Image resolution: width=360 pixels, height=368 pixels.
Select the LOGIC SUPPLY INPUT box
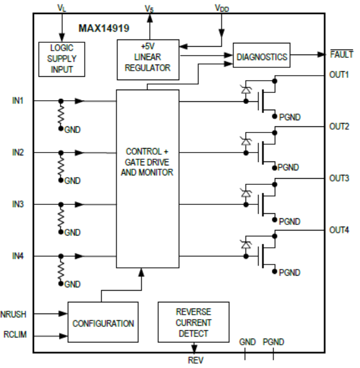tap(58, 59)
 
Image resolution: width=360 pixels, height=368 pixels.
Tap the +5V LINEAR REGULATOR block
tap(147, 59)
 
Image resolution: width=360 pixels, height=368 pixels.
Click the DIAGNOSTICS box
tap(262, 56)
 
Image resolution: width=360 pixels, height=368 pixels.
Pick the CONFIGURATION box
tap(103, 323)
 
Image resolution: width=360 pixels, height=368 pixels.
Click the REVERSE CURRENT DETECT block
tap(193, 322)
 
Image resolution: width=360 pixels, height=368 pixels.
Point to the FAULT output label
tap(342, 55)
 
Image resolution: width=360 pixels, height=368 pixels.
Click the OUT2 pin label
tap(339, 127)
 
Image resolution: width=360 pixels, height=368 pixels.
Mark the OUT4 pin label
tap(339, 230)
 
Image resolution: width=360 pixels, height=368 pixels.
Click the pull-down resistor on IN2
tap(61, 165)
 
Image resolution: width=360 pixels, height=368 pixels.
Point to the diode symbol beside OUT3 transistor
tap(245, 193)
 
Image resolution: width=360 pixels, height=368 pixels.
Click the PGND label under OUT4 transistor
tap(289, 272)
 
